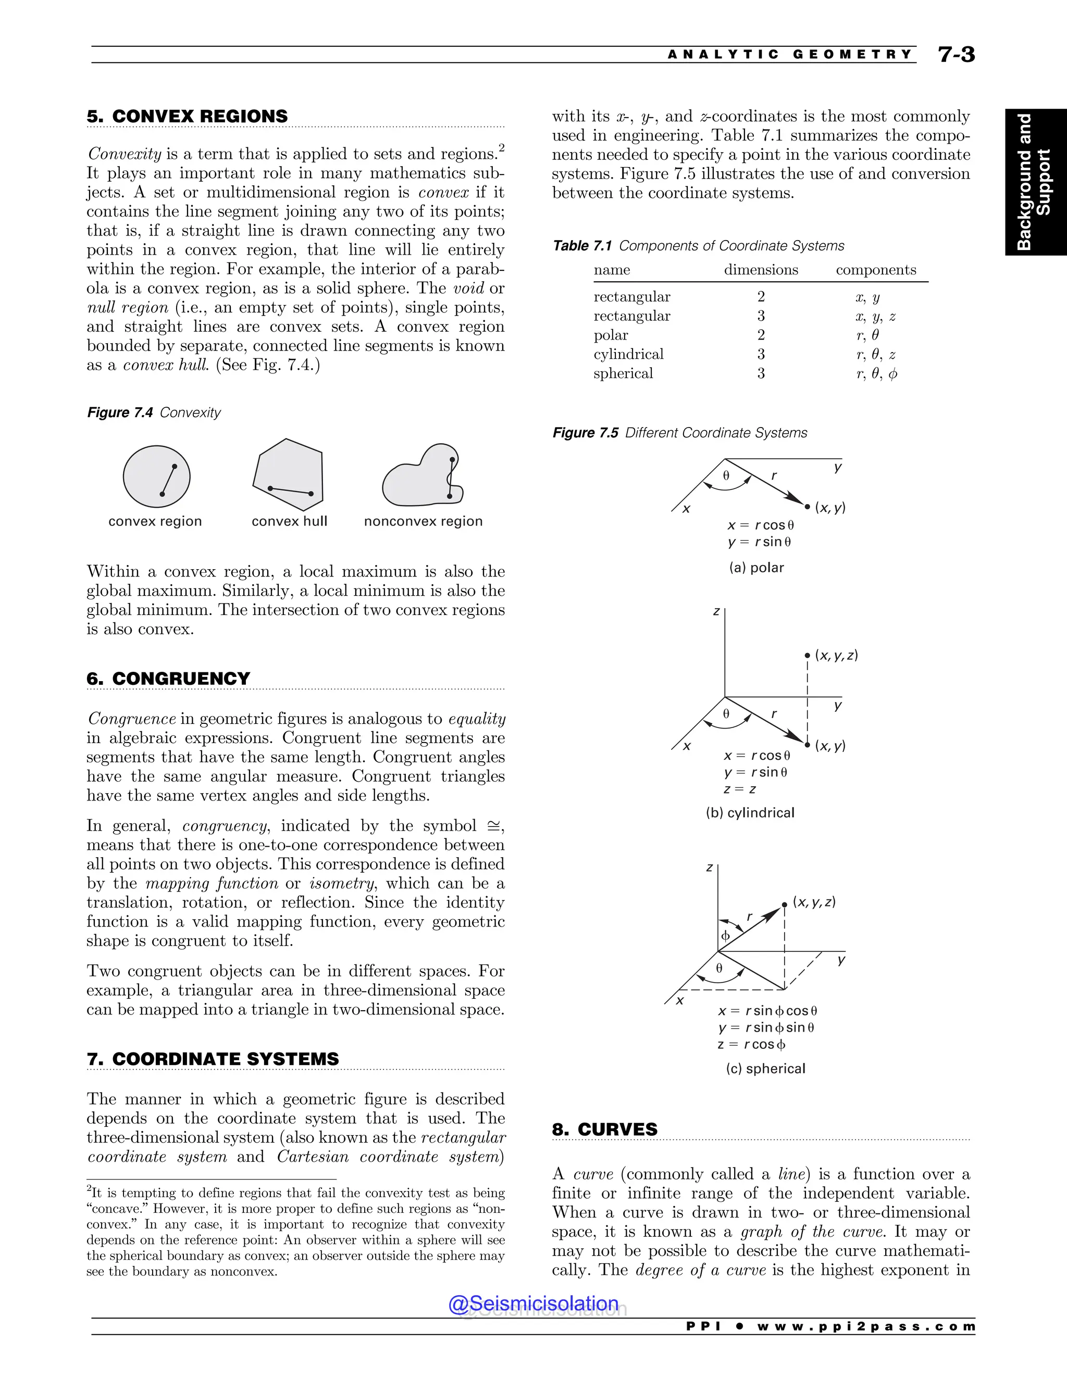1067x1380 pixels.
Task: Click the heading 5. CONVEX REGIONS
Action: point(187,116)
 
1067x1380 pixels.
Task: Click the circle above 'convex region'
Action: point(156,476)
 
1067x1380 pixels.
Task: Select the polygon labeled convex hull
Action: point(288,474)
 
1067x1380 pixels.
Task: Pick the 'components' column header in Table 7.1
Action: point(875,270)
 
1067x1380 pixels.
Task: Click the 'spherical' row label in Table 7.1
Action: point(623,373)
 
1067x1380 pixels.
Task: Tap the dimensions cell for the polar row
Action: point(761,335)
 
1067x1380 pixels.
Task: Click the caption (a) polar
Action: point(756,568)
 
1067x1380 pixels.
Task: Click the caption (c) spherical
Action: point(765,1069)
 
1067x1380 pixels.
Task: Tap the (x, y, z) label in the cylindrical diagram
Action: point(836,655)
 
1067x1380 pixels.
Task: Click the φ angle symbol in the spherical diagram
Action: point(726,935)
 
